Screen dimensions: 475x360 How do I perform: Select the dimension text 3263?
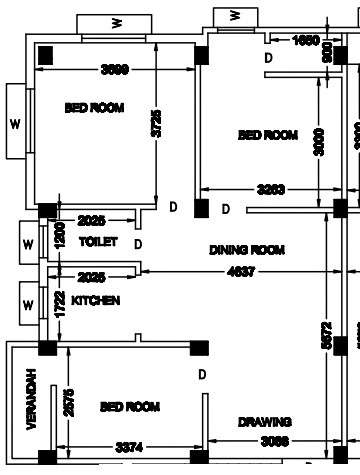pos(271,189)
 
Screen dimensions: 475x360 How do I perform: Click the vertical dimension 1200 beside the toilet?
pos(59,236)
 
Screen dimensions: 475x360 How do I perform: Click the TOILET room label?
pos(98,243)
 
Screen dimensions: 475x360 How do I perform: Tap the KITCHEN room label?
pos(96,300)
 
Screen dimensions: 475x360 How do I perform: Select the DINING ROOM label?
pos(247,250)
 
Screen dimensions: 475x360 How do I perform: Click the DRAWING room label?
pos(265,422)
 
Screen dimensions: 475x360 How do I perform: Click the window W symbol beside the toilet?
pos(27,244)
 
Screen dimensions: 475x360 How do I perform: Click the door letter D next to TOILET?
pos(138,244)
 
